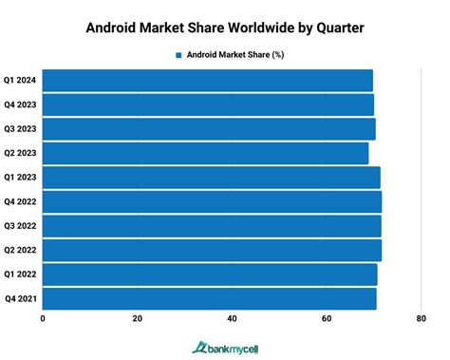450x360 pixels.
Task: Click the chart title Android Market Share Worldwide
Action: click(225, 27)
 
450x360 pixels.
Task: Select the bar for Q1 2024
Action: click(208, 81)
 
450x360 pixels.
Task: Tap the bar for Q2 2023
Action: click(205, 153)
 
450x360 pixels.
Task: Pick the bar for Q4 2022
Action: click(212, 201)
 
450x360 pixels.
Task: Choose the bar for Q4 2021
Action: click(209, 298)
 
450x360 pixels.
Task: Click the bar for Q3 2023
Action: click(209, 129)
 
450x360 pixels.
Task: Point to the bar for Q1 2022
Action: click(210, 275)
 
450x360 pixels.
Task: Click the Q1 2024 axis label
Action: click(19, 81)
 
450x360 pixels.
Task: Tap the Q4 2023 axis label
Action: click(19, 104)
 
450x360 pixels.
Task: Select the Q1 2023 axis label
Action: click(19, 178)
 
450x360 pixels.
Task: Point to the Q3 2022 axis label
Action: click(19, 226)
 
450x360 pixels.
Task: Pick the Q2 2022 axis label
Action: click(19, 250)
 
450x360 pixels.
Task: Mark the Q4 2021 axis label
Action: click(19, 298)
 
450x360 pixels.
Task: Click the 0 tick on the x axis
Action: click(43, 319)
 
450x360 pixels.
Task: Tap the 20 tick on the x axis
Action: click(138, 319)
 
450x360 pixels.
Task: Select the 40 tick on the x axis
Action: click(232, 319)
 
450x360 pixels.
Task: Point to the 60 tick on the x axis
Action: click(327, 319)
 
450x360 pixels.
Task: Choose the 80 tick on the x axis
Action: click(421, 319)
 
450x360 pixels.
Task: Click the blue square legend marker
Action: click(178, 55)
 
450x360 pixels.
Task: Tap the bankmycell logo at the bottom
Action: click(225, 348)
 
